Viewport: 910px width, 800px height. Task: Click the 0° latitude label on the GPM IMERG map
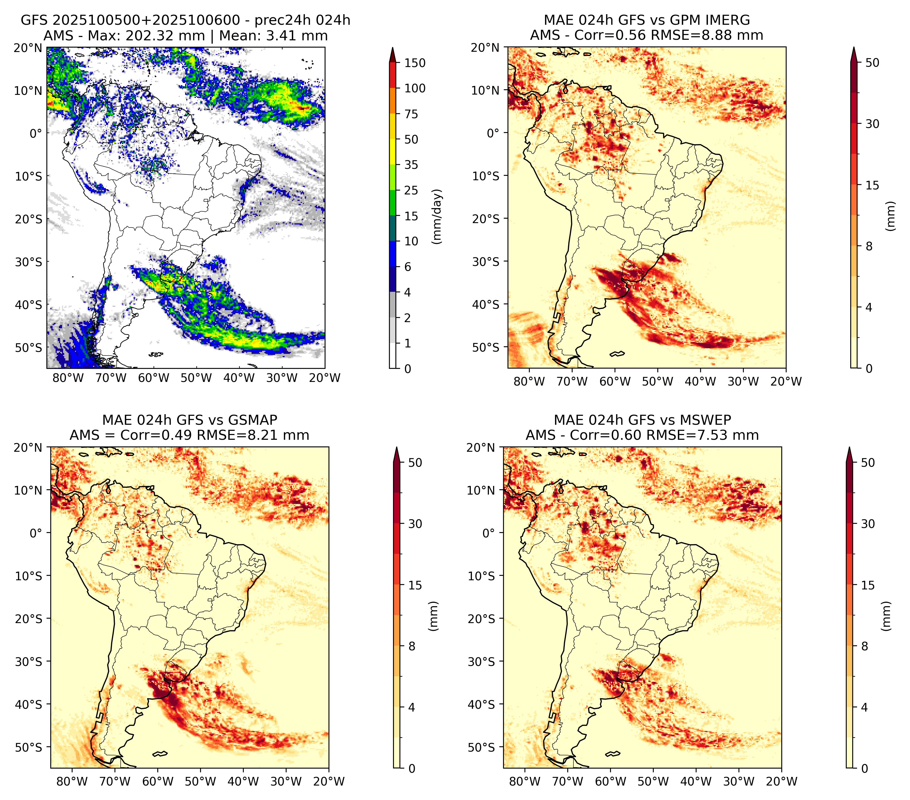pos(493,133)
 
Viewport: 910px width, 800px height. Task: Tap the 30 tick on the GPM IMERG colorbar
pos(872,124)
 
